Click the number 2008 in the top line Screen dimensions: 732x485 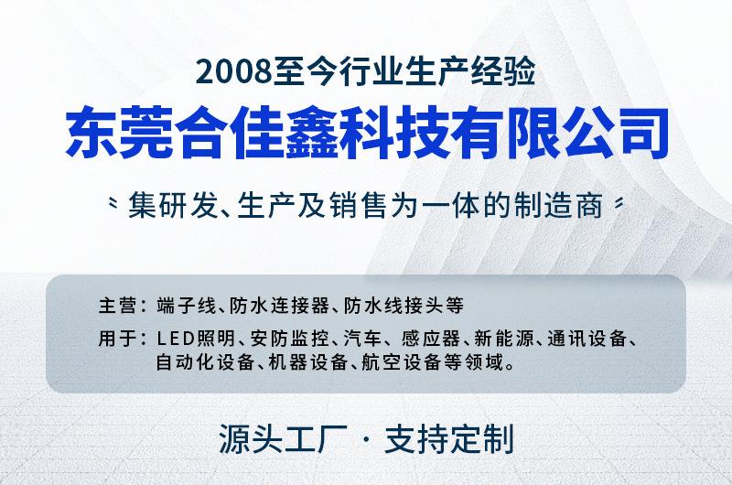click(234, 72)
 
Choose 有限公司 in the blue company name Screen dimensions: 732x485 click(563, 133)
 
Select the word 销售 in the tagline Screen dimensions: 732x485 click(357, 205)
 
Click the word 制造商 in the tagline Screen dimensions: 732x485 click(558, 205)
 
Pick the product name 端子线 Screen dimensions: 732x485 click(187, 306)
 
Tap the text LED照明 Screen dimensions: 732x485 click(196, 339)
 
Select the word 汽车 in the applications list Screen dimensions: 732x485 click(362, 339)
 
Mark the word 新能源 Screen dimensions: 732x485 click(503, 339)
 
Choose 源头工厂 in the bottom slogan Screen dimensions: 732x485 click(283, 438)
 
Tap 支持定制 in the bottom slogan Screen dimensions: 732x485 click(448, 438)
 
